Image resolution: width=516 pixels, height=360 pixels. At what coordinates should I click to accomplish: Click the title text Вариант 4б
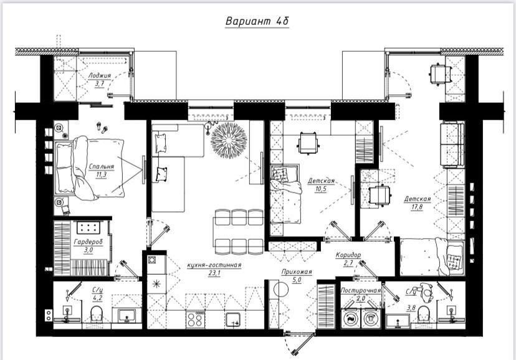coord(257,21)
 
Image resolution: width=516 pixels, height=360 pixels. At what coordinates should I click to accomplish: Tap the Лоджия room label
coord(100,75)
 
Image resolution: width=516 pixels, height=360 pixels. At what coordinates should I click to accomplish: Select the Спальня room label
coord(102,166)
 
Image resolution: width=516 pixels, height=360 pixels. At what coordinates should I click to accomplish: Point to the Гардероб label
coord(88,242)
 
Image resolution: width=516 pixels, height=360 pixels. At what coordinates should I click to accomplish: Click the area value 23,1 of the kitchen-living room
coord(214,273)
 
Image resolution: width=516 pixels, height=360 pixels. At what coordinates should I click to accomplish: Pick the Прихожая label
coord(297,272)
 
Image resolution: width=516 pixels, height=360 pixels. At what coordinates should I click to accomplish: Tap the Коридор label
coord(348,255)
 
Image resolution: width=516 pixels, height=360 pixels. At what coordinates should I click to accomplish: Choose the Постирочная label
coord(361,290)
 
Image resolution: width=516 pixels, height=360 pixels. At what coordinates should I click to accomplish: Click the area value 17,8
coord(417,207)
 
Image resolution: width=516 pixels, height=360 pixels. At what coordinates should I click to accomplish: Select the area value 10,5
coord(320,189)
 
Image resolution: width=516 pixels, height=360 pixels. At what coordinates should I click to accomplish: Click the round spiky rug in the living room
coord(229,140)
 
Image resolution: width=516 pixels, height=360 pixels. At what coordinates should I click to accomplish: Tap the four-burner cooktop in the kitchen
coord(195,320)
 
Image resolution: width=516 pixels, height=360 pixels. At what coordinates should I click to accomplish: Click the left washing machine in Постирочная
coord(351,318)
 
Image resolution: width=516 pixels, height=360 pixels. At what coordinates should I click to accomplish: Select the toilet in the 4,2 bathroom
coord(97,314)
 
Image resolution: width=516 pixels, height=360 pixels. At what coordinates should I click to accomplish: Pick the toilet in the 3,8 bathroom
coord(423,314)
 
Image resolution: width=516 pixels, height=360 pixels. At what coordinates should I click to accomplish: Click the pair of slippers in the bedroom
coord(102,128)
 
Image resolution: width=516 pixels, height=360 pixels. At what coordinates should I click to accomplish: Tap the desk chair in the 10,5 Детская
coord(308,143)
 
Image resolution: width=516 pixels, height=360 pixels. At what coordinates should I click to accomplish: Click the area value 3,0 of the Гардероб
coord(88,250)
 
